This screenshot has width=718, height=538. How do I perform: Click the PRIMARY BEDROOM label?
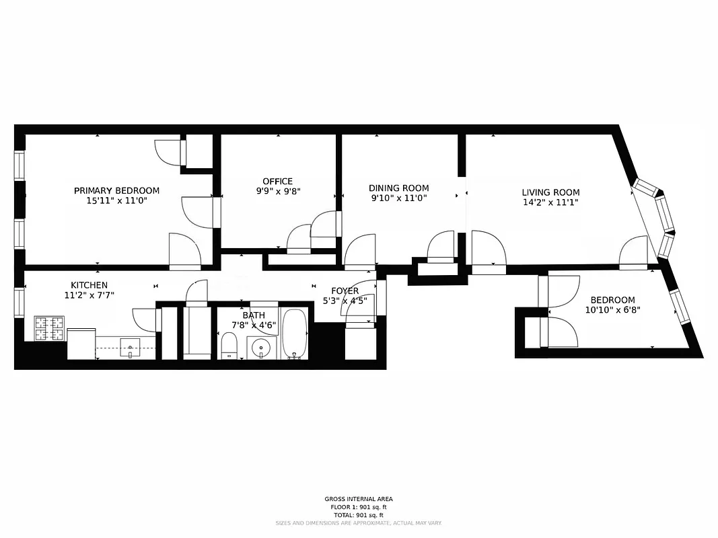pyautogui.click(x=116, y=190)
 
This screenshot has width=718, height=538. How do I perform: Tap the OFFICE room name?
pyautogui.click(x=277, y=181)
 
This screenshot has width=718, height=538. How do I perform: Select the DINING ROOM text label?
pyautogui.click(x=398, y=188)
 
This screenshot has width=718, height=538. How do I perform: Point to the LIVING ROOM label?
pyautogui.click(x=550, y=192)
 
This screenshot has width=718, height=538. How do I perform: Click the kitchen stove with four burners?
pyautogui.click(x=49, y=328)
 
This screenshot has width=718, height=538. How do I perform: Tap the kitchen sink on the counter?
pyautogui.click(x=129, y=348)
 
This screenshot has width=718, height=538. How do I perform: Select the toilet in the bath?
pyautogui.click(x=229, y=345)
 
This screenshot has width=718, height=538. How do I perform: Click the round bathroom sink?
pyautogui.click(x=261, y=348)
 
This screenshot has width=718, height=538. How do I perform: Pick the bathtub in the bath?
pyautogui.click(x=295, y=334)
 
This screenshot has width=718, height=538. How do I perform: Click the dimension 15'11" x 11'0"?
pyautogui.click(x=116, y=200)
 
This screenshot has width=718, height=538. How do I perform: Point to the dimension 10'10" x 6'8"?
pyautogui.click(x=612, y=310)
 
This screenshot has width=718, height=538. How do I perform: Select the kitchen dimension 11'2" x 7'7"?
pyautogui.click(x=89, y=295)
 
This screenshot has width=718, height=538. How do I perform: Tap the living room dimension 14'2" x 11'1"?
pyautogui.click(x=550, y=202)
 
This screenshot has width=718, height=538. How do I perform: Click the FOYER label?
pyautogui.click(x=345, y=291)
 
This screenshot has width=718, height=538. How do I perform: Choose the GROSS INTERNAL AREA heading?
pyautogui.click(x=359, y=499)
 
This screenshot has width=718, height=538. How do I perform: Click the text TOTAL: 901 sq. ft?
pyautogui.click(x=359, y=514)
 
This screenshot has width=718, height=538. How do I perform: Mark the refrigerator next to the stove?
pyautogui.click(x=81, y=343)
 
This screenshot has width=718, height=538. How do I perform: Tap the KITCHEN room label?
pyautogui.click(x=89, y=285)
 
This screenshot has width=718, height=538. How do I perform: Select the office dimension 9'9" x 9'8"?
pyautogui.click(x=277, y=191)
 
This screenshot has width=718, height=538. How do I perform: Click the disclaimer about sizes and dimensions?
pyautogui.click(x=359, y=523)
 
